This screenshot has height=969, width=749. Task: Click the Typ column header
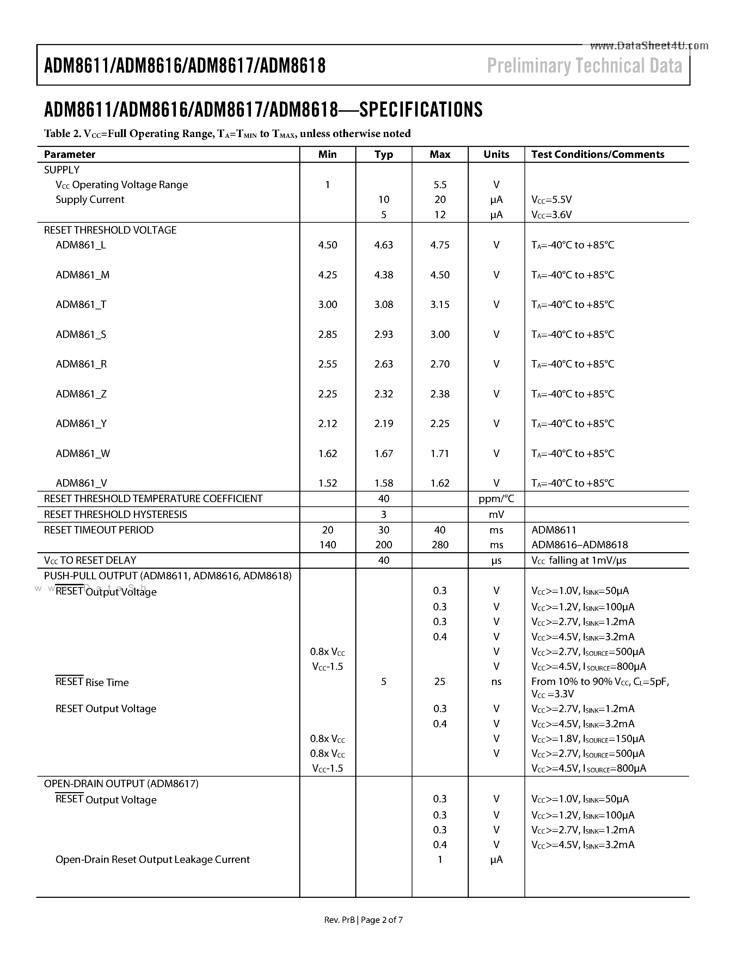(383, 154)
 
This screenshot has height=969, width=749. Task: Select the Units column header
(496, 154)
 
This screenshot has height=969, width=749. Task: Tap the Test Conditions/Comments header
(597, 154)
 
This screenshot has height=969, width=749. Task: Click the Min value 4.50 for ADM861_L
(327, 245)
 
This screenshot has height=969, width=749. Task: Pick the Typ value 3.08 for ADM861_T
(383, 304)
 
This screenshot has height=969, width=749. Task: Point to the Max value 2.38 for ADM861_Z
(440, 394)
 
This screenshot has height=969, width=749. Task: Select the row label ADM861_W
(82, 453)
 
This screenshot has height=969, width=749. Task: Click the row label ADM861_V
(81, 483)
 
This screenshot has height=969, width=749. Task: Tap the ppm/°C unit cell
(496, 499)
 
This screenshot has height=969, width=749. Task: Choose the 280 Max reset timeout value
(440, 545)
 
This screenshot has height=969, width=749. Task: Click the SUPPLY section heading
(62, 170)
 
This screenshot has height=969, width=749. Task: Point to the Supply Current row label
(90, 200)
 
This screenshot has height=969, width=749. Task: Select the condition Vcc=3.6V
(552, 215)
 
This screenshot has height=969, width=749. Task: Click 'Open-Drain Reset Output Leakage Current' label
(152, 859)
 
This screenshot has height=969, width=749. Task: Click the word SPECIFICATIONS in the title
(420, 110)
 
